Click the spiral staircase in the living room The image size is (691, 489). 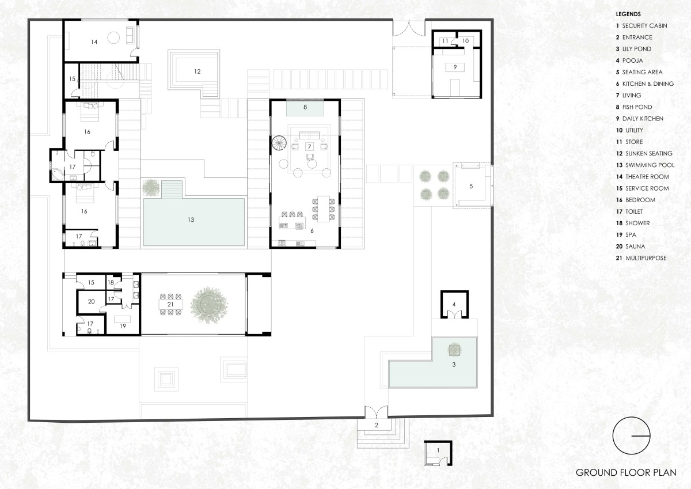point(279,143)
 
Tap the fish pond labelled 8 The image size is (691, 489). point(305,107)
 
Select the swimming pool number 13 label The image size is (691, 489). point(191,219)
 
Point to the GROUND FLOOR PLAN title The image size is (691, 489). point(626,472)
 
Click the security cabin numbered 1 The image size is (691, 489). point(438,453)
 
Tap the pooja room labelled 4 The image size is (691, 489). point(454,305)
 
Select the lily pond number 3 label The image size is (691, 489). point(454,365)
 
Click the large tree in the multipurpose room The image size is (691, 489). point(209,305)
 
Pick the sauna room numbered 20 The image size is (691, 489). point(91,301)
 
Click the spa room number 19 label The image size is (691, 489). point(123,326)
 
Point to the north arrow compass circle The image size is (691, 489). point(631,435)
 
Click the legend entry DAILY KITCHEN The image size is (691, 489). point(643,119)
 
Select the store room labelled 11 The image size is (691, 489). point(445,41)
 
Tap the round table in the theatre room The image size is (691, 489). point(113,38)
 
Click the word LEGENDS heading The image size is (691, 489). point(628,14)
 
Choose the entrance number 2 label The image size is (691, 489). point(377,425)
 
